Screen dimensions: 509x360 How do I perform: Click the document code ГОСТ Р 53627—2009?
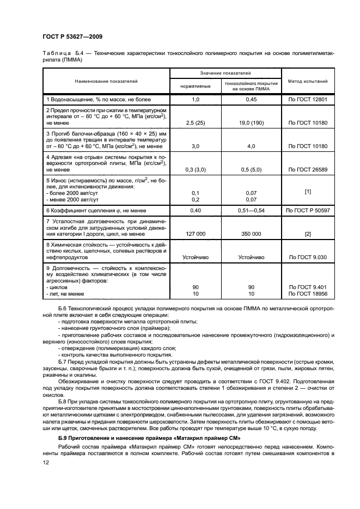[x=72, y=37]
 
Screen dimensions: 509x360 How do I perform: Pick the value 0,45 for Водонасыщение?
[x=251, y=100]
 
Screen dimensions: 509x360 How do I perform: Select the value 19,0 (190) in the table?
[x=251, y=124]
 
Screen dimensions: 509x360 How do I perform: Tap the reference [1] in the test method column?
[x=307, y=193]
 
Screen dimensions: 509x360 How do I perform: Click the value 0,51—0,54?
[x=251, y=210]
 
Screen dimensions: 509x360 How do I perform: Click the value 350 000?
[x=251, y=234]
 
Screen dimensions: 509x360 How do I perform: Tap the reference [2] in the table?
[x=307, y=234]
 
